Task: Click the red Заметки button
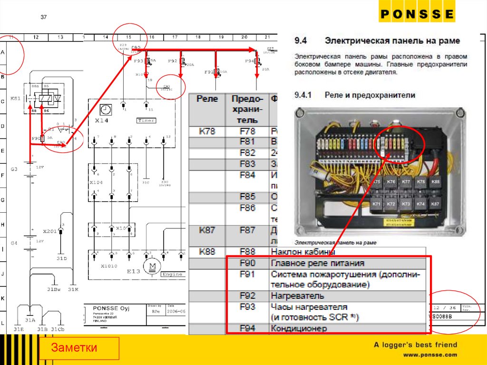[x=79, y=348]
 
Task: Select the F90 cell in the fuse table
[x=247, y=263]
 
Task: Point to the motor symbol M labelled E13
[x=153, y=266]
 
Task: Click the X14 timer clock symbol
[x=106, y=109]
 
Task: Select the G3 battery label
[x=14, y=169]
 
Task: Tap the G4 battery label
[x=14, y=243]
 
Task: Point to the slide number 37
[x=43, y=18]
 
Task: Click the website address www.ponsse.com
[x=430, y=355]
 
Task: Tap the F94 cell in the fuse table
[x=247, y=328]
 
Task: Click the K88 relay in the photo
[x=435, y=181]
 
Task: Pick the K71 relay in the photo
[x=376, y=204]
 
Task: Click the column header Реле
[x=207, y=99]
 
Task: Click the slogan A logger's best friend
[x=415, y=345]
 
